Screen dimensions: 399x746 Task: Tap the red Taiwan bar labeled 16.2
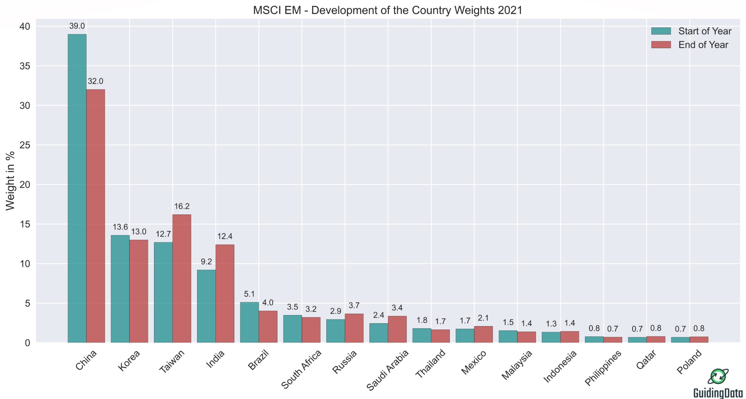(x=182, y=279)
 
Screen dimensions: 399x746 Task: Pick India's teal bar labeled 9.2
(x=206, y=306)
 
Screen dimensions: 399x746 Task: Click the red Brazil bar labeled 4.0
(x=268, y=327)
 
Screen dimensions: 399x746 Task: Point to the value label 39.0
(x=77, y=26)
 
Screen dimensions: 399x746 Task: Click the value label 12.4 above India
(x=225, y=236)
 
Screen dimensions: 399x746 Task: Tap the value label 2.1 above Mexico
(x=483, y=318)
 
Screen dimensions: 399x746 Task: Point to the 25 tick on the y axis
(x=25, y=145)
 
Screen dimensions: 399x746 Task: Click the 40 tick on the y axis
(x=25, y=27)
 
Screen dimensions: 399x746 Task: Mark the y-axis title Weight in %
(x=10, y=181)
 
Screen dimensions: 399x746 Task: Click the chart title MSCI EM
(x=388, y=10)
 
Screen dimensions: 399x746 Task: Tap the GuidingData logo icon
(x=718, y=377)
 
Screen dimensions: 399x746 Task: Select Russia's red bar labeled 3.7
(x=354, y=328)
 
